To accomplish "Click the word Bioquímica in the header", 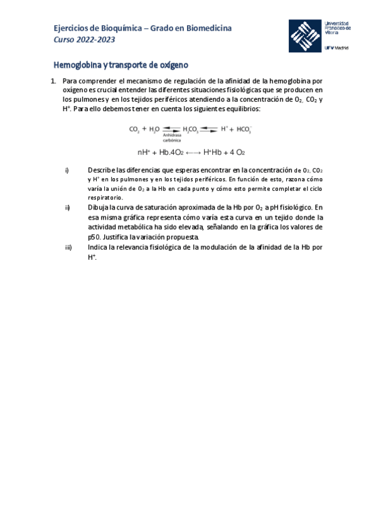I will click(x=114, y=28).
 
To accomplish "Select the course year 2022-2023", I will click(x=96, y=40).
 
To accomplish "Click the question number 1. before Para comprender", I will click(x=53, y=81).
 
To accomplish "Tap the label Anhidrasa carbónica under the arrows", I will click(x=171, y=138).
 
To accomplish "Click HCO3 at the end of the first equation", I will click(x=242, y=129).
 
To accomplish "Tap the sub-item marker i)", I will click(x=67, y=170).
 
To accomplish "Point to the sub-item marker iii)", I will click(x=68, y=248).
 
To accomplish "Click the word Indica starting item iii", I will click(x=99, y=248).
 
